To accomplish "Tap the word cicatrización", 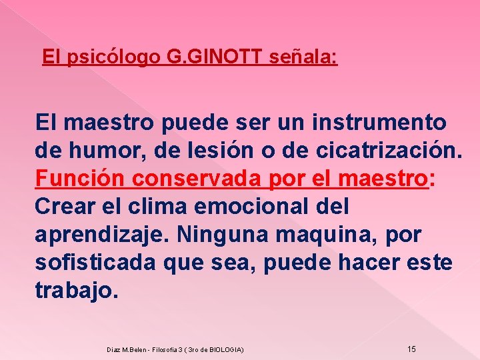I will click(x=383, y=151).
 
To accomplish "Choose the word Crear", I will click(x=65, y=207).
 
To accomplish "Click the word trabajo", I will click(x=76, y=291).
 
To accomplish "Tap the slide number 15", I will click(x=411, y=349).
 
